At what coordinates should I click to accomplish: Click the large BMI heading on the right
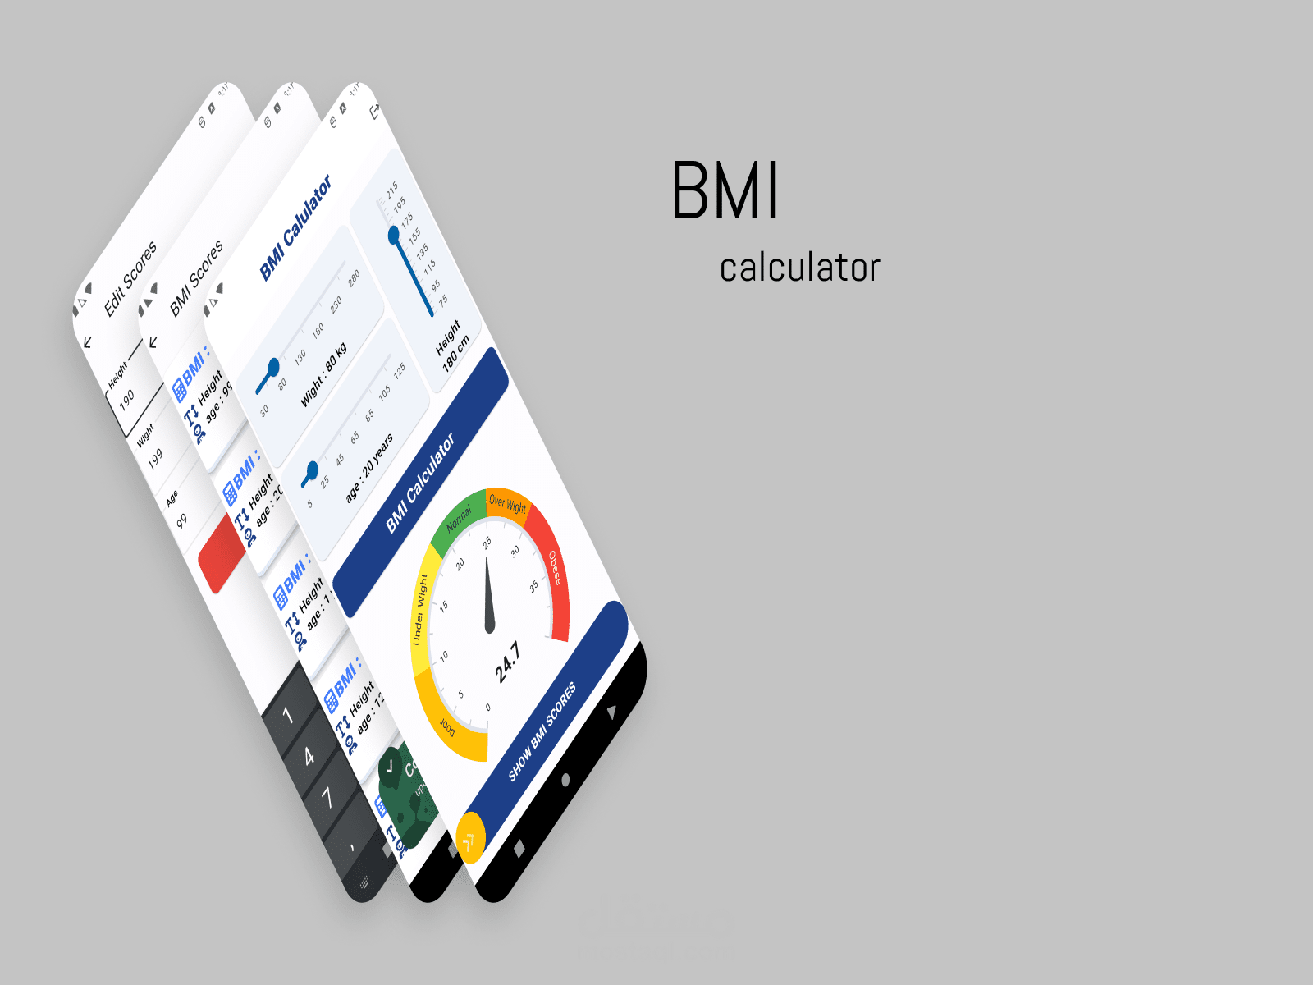725,191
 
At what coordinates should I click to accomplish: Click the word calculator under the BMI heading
799,268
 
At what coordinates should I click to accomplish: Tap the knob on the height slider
394,236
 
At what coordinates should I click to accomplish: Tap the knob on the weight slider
273,367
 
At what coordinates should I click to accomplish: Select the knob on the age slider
311,470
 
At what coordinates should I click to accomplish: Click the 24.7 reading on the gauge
507,662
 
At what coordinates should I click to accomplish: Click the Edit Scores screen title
130,279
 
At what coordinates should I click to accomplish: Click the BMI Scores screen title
196,278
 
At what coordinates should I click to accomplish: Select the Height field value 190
126,400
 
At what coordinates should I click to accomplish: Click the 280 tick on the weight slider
354,279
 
